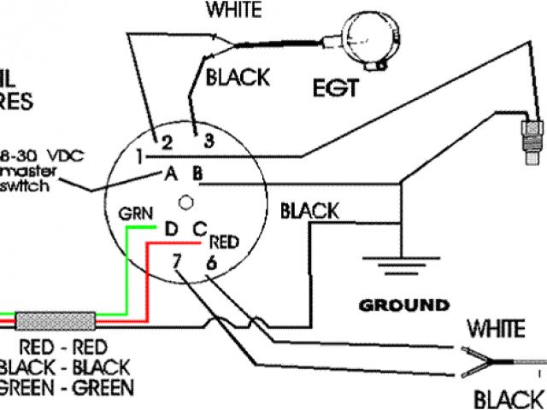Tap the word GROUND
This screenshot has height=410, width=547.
click(404, 305)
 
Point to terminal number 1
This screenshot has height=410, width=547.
click(138, 156)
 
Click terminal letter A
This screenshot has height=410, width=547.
click(170, 175)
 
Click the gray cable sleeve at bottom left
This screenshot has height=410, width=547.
click(56, 322)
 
